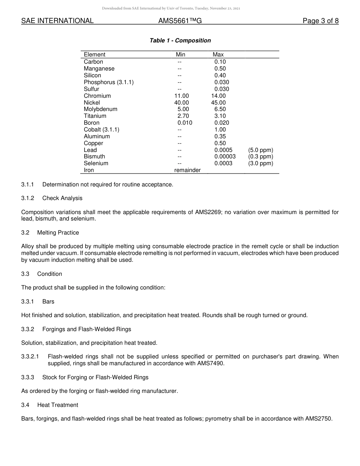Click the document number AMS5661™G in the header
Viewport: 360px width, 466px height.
[x=180, y=21]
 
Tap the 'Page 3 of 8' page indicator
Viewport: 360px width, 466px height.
[x=320, y=21]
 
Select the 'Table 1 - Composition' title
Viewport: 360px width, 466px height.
[x=180, y=41]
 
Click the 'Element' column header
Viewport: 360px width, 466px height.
[x=94, y=55]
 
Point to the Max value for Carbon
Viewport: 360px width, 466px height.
[x=220, y=62]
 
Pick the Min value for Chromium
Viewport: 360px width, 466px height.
[x=181, y=96]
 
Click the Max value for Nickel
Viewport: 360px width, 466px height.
[x=218, y=103]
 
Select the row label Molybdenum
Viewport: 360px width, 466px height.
[x=100, y=109]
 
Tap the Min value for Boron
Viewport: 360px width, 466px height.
[x=185, y=123]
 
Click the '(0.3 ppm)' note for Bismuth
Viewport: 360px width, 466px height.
[x=261, y=156]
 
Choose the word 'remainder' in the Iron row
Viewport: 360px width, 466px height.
[x=187, y=170]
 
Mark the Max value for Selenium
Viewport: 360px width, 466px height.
[x=223, y=163]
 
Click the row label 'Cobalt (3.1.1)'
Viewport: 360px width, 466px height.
[x=102, y=130]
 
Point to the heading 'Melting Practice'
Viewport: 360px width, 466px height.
[x=58, y=232]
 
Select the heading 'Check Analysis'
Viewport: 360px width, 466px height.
[x=62, y=198]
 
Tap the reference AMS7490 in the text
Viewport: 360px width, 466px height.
[x=211, y=363]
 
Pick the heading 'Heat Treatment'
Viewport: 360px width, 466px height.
[x=58, y=405]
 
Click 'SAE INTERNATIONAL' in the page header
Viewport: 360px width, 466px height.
[x=57, y=21]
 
